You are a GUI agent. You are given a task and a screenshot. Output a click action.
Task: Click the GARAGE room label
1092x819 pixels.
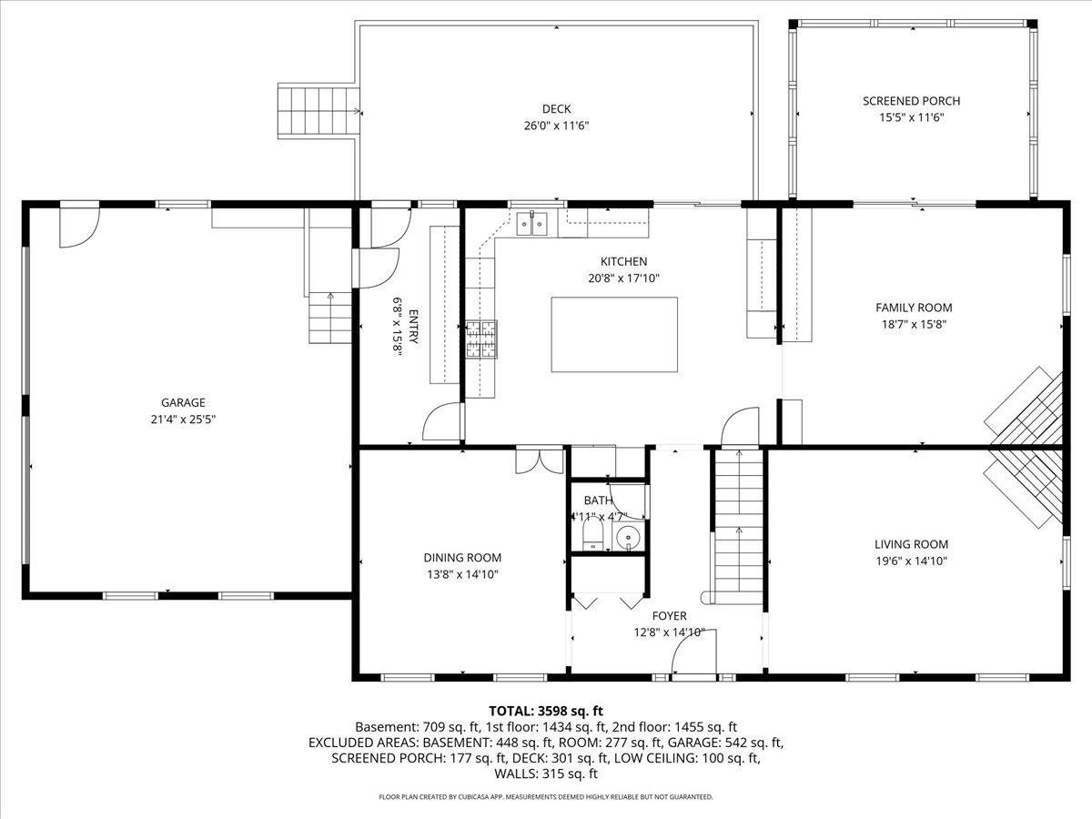(183, 402)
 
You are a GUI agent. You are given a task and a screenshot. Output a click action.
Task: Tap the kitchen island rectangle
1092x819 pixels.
(614, 334)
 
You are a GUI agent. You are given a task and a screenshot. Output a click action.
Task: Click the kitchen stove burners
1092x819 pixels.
(481, 339)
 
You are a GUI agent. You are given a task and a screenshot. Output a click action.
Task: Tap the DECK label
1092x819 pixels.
(556, 109)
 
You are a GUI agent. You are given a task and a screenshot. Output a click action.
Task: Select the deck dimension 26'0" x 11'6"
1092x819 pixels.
(556, 126)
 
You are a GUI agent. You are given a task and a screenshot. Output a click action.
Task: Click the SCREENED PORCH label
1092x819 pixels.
(911, 101)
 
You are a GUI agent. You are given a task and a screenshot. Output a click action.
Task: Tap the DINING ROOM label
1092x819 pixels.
(461, 558)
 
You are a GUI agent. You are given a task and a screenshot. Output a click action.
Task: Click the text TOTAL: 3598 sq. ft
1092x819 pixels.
(546, 711)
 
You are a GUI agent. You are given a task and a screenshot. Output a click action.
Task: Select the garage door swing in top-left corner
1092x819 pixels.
(78, 227)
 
